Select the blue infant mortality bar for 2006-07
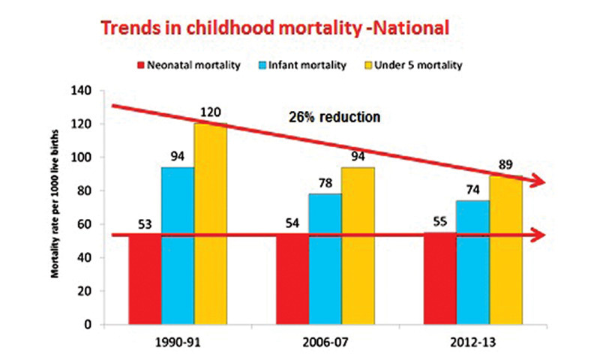tap(325, 259)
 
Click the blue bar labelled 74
tap(473, 262)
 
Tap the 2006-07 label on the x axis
tap(324, 343)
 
